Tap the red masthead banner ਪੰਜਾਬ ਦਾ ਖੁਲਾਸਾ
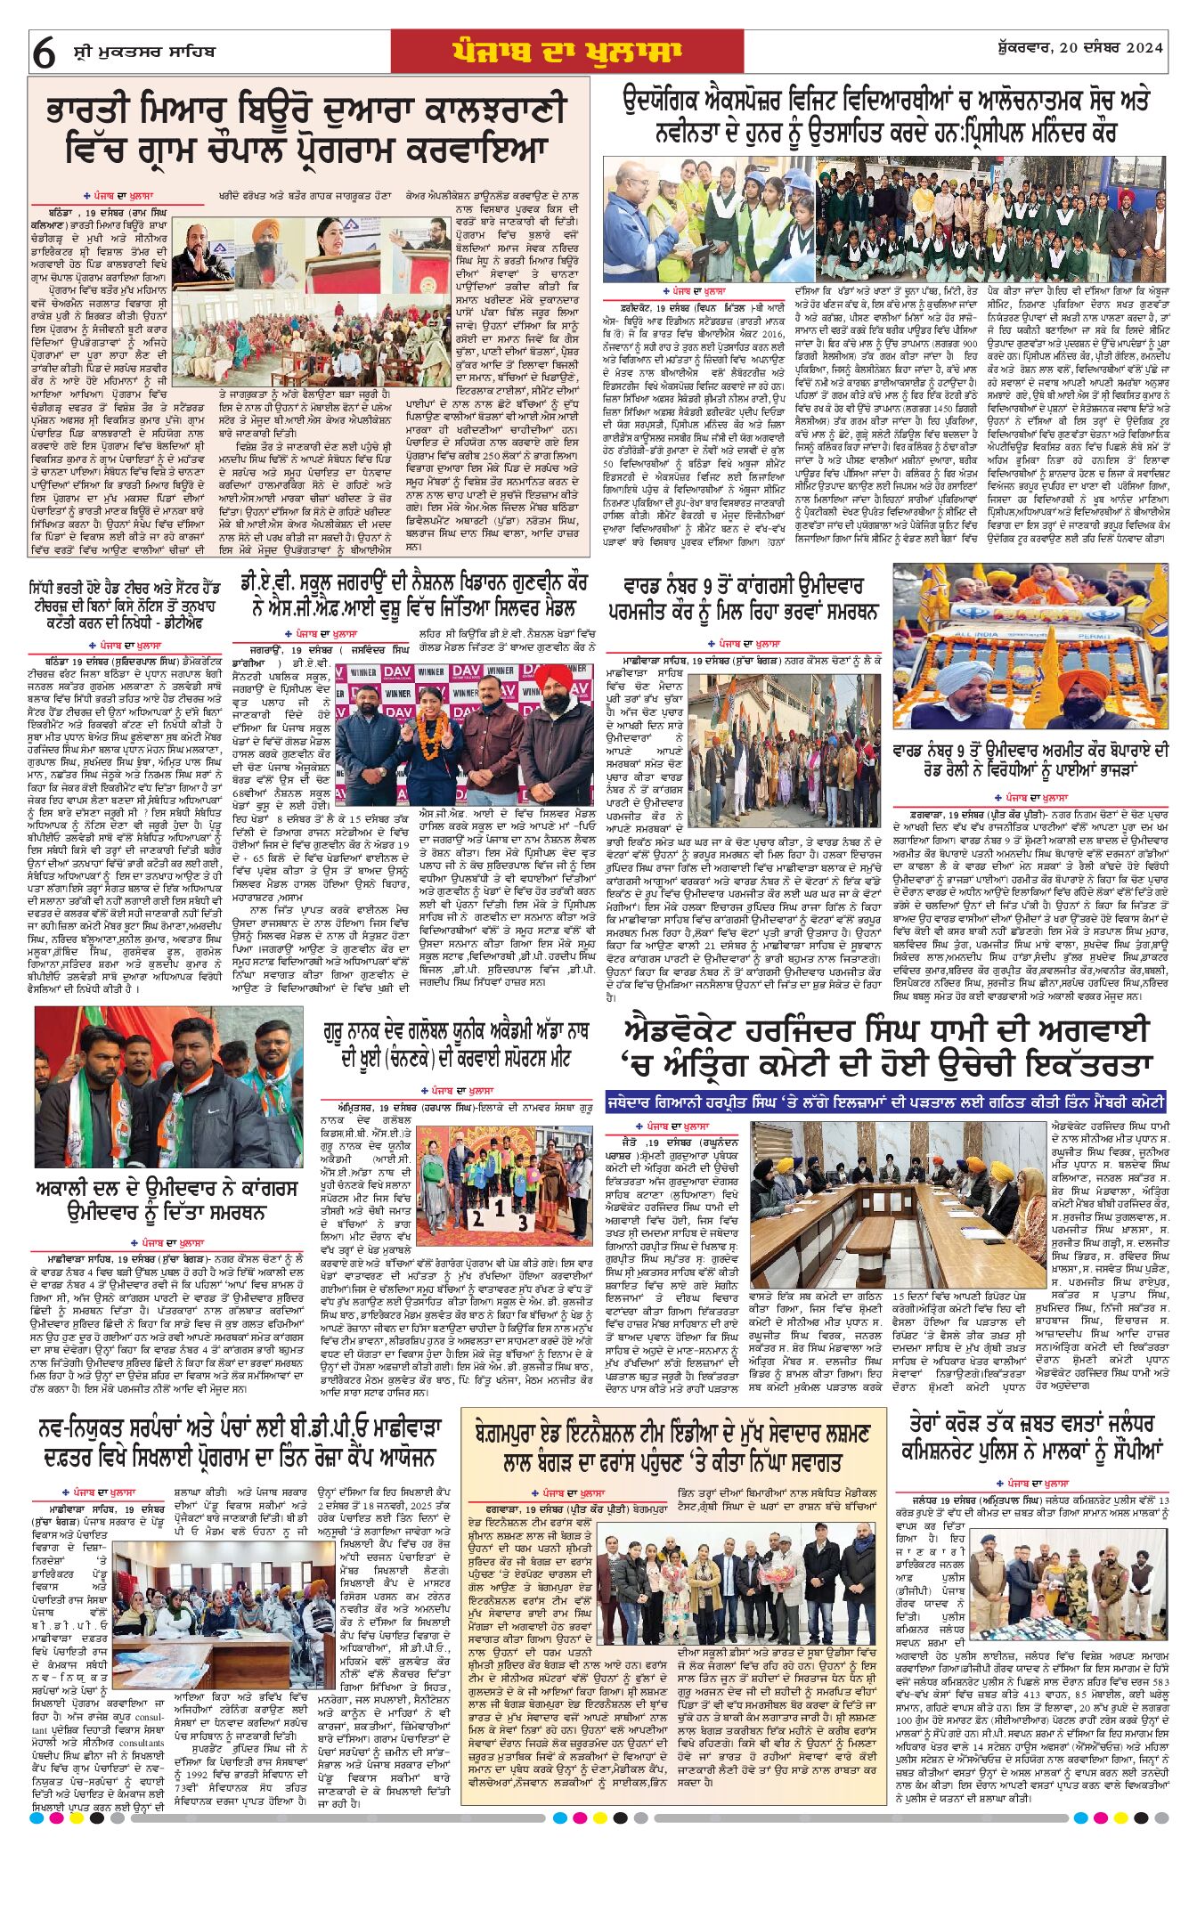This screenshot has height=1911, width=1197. coord(566,52)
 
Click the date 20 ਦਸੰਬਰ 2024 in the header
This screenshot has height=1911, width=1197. coord(1102,50)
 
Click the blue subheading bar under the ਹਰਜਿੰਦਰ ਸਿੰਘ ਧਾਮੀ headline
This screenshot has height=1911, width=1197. coord(885,1102)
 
